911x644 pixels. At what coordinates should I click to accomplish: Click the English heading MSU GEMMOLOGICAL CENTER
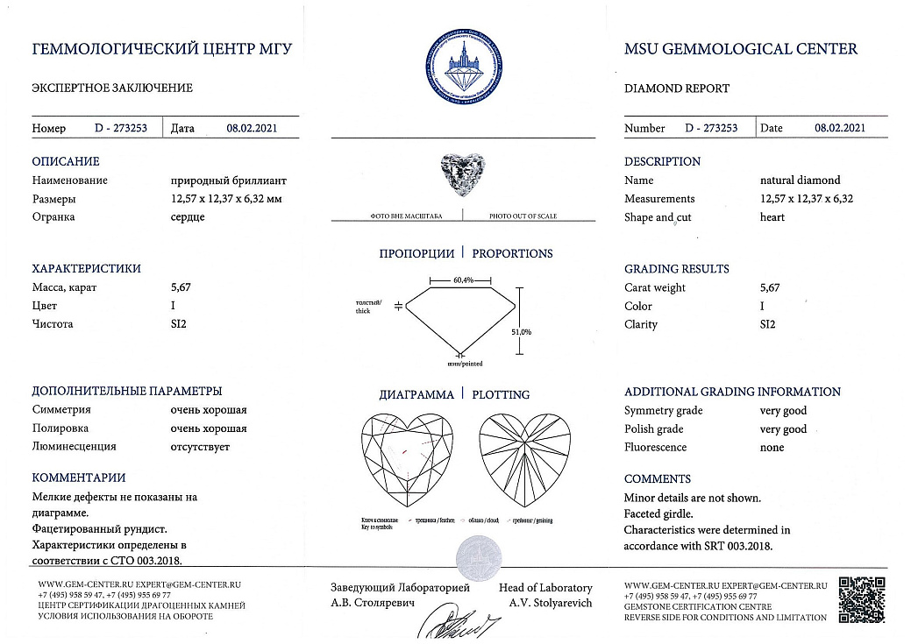741,49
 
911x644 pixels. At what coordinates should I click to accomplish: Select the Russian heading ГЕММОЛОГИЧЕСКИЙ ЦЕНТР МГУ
162,49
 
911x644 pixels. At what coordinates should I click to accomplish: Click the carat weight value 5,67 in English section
769,287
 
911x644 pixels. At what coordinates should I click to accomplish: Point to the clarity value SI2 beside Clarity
767,324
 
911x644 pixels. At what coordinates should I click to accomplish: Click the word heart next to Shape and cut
772,217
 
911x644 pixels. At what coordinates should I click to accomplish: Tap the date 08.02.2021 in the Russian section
252,128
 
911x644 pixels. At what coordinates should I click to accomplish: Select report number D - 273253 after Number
711,128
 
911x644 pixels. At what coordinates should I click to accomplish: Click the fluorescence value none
772,448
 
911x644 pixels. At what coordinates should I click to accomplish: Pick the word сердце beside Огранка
188,216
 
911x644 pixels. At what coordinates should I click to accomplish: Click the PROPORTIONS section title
512,253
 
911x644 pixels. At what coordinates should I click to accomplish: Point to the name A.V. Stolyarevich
550,603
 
